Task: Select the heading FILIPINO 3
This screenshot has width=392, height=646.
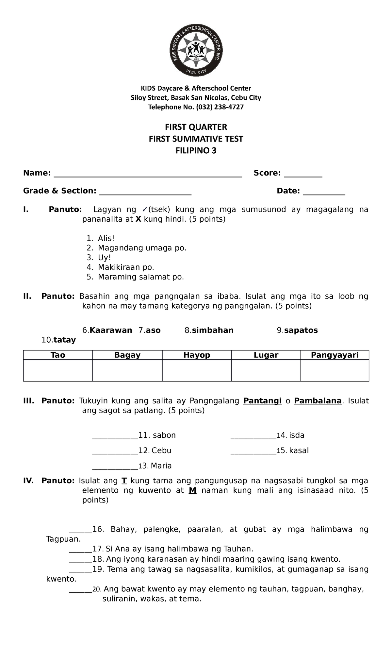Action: point(196,151)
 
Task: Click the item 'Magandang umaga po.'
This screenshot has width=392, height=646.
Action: point(142,248)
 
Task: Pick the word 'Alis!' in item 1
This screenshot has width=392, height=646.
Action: point(106,239)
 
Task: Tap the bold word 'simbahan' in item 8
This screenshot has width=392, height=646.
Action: point(213,331)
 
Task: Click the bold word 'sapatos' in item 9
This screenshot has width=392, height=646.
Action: point(301,331)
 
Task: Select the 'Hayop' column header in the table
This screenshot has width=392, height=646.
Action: point(197,355)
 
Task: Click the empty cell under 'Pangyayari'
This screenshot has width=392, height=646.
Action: point(335,371)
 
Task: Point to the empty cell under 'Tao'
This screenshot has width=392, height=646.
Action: point(58,371)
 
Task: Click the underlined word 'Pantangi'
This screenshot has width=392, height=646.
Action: point(262,401)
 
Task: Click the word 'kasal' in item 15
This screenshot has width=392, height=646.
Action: point(299,451)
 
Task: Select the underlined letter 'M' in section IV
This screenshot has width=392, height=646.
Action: point(192,490)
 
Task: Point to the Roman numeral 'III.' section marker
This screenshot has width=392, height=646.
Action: point(29,401)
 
